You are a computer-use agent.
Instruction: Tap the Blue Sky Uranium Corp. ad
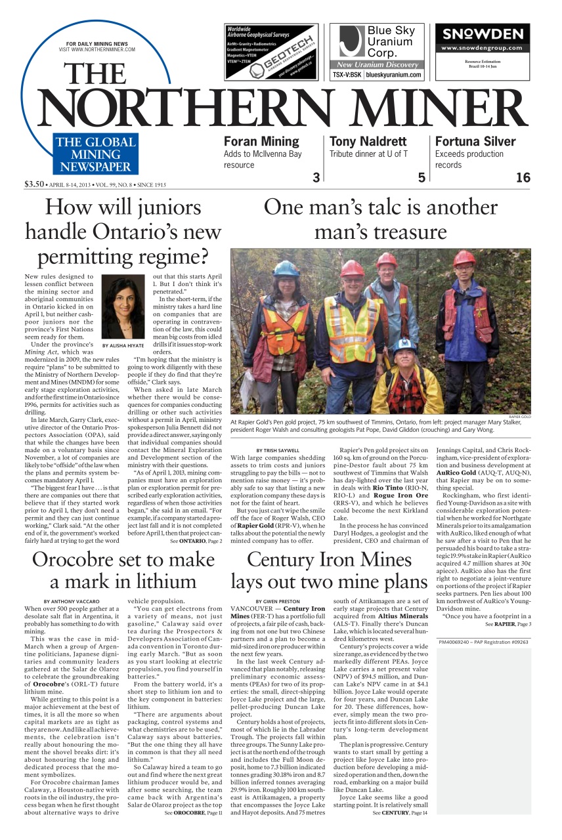[376, 51]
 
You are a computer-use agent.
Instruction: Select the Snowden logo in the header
[483, 34]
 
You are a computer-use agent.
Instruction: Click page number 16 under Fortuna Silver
[523, 178]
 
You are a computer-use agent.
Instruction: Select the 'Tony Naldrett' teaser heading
[368, 141]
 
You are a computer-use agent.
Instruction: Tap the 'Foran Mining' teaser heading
[261, 141]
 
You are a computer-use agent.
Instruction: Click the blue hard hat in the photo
[286, 268]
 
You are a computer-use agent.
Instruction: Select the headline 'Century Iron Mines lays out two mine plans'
[328, 570]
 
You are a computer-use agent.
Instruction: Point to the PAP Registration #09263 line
[483, 642]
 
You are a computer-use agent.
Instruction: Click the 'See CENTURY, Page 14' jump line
[400, 812]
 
